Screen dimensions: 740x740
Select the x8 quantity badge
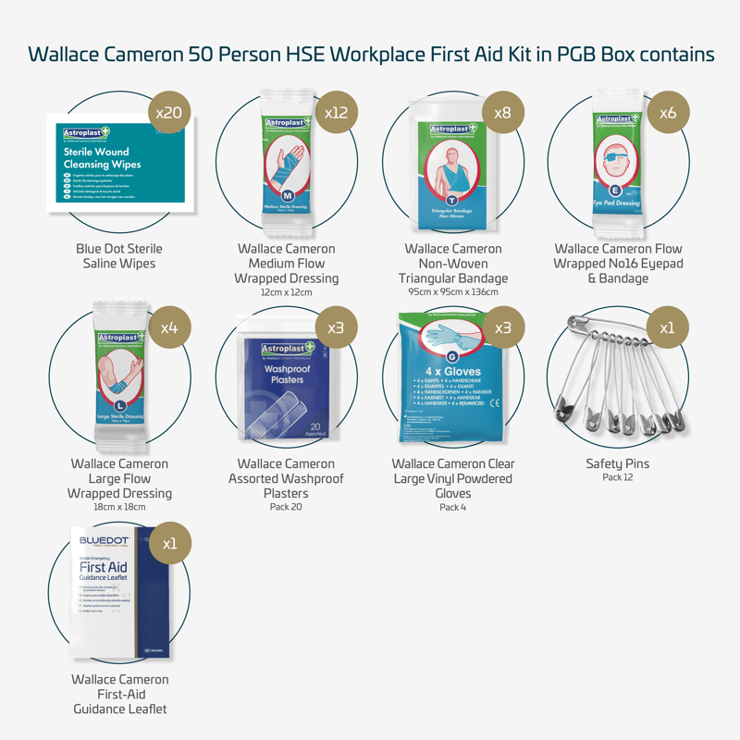coord(502,113)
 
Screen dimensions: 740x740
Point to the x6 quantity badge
coord(668,113)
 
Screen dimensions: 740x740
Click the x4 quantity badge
coord(169,327)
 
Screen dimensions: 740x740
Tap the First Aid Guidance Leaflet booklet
coord(120,592)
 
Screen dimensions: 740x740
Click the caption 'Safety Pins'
coord(618,463)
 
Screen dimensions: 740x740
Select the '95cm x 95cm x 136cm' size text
coord(453,292)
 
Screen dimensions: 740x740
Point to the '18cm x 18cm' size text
coord(119,507)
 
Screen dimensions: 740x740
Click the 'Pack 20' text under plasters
coord(286,508)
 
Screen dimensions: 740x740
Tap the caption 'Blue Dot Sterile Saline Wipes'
coord(119,256)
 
